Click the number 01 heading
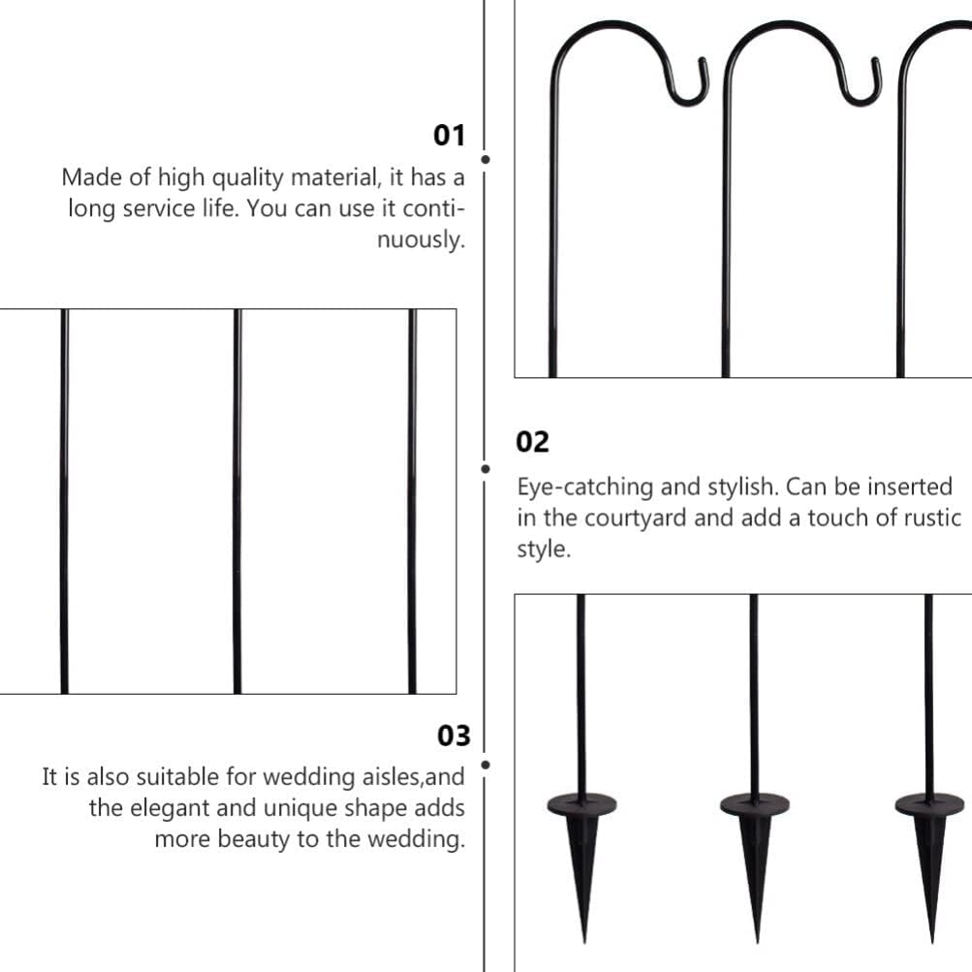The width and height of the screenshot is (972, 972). click(x=449, y=136)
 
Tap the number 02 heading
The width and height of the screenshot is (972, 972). click(x=532, y=442)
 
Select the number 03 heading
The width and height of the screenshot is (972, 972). click(x=453, y=736)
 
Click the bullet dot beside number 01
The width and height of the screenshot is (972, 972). click(x=485, y=159)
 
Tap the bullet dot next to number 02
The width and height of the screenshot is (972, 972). click(x=485, y=469)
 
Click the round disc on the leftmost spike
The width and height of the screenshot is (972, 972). click(x=581, y=803)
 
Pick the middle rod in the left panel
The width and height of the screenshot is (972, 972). click(x=237, y=501)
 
